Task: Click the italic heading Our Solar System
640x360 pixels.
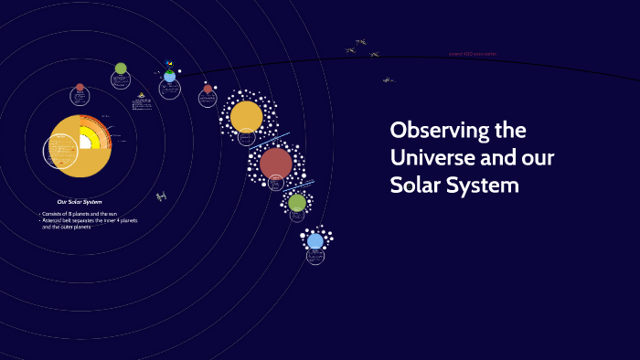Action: point(80,202)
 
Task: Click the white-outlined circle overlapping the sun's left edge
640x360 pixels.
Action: point(60,151)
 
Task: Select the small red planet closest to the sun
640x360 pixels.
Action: point(80,88)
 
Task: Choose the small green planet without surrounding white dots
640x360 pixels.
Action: point(121,69)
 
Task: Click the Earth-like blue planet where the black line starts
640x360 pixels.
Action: point(169,76)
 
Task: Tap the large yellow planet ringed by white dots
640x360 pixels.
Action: point(246,116)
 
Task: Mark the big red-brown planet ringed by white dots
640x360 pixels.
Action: point(275,164)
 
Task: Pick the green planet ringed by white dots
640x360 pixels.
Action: point(297,202)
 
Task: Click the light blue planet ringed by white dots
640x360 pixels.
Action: point(315,241)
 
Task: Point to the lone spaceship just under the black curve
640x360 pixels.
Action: point(388,79)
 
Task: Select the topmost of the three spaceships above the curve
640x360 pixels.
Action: point(360,41)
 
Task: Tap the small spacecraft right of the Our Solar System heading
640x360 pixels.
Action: point(161,196)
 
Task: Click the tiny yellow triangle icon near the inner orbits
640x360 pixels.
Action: point(141,95)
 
